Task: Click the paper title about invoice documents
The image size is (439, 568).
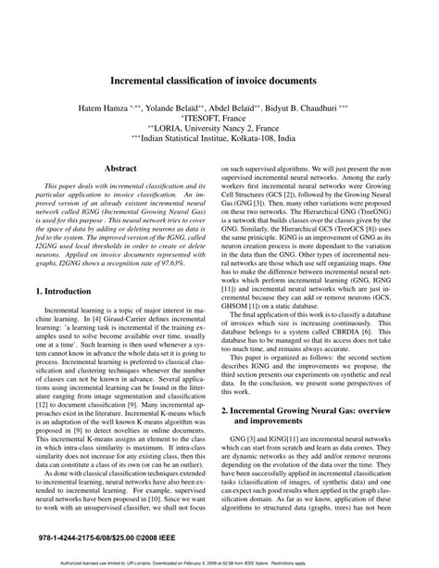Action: (x=219, y=81)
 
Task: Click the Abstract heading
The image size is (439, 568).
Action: (x=120, y=170)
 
